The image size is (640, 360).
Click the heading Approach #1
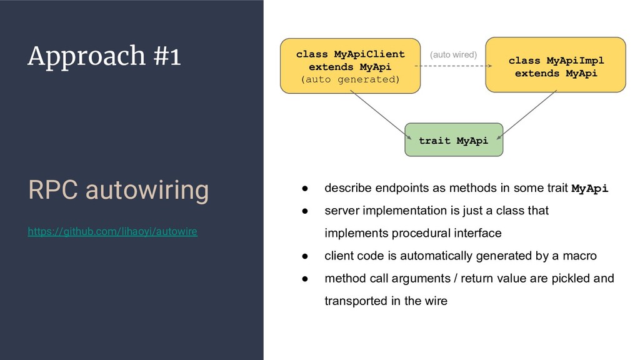click(104, 57)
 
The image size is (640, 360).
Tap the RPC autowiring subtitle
click(118, 191)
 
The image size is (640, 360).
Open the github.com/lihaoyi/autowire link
click(112, 232)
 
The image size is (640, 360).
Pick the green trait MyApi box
click(454, 140)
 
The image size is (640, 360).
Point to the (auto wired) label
click(453, 55)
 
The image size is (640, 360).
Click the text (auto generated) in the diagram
click(350, 79)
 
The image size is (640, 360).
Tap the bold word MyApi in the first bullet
click(590, 188)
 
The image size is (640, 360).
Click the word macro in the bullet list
click(582, 256)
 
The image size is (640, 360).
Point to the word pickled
click(572, 278)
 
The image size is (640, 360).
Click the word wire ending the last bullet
click(436, 301)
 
